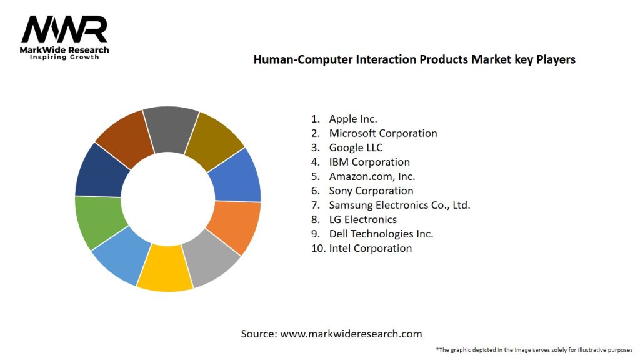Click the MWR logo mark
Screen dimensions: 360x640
64,29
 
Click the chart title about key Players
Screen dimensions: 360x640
414,60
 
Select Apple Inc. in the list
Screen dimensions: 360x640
353,119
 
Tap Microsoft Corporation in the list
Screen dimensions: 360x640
383,133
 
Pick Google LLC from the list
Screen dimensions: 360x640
356,147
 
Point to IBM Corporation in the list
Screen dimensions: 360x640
369,162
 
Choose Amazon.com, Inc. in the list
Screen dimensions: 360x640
372,176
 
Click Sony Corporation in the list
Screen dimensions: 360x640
371,191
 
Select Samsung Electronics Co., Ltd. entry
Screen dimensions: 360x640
399,205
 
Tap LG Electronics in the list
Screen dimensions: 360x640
363,219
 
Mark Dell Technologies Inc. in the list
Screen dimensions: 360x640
381,234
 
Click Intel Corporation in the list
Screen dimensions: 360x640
371,248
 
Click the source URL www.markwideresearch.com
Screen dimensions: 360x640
351,334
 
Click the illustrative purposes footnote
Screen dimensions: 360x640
534,349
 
